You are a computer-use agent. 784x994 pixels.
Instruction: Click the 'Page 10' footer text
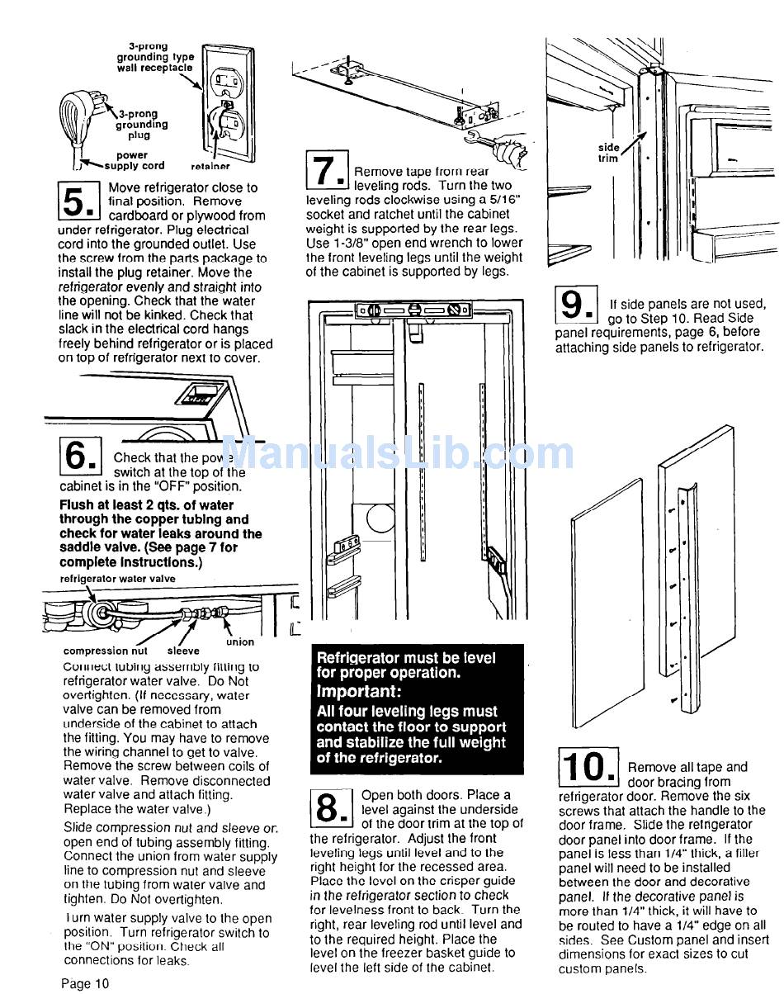click(84, 983)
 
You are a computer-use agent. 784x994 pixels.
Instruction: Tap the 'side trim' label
click(608, 153)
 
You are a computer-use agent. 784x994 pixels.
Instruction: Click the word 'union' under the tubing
click(240, 642)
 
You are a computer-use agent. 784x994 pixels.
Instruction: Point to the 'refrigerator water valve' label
click(117, 579)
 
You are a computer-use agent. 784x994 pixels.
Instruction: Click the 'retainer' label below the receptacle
click(210, 166)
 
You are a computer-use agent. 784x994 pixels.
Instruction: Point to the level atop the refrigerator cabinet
click(413, 311)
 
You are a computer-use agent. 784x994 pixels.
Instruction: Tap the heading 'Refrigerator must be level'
click(406, 658)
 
